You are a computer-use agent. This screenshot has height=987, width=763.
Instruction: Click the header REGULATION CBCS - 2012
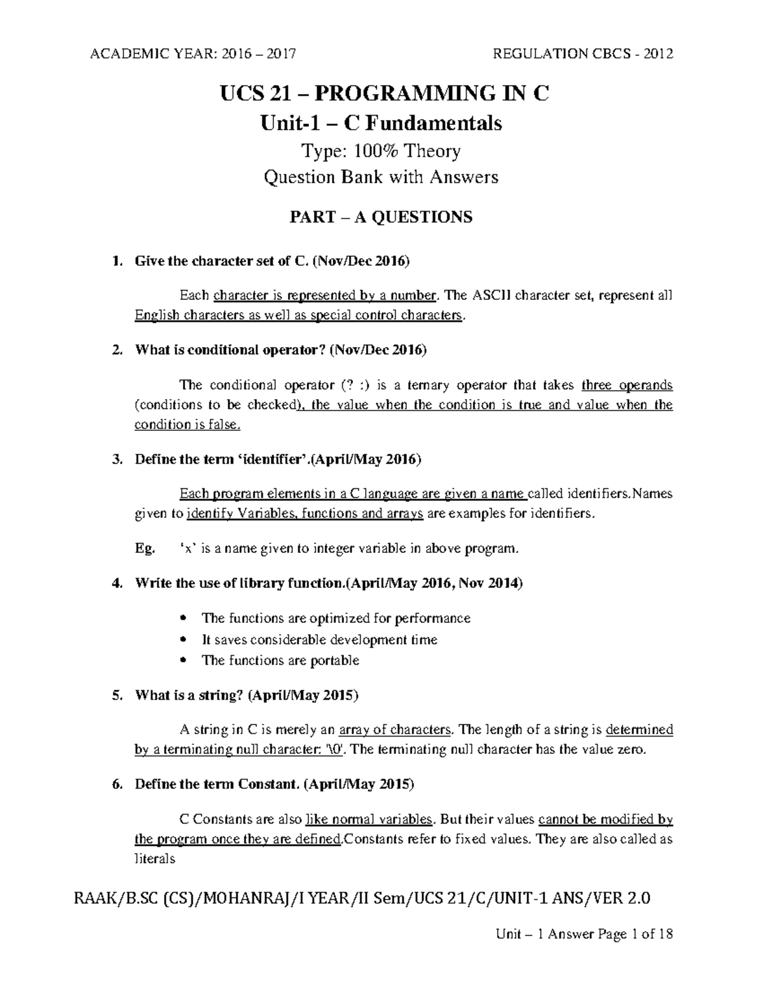point(583,54)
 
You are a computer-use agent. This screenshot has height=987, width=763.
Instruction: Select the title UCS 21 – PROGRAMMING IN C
point(384,93)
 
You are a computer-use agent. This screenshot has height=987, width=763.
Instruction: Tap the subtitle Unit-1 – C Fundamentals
point(381,123)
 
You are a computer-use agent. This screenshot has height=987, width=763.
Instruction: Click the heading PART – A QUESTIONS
point(381,217)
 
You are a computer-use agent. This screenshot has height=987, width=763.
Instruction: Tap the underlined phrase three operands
point(627,385)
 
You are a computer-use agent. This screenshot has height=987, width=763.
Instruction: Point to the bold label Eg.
point(144,549)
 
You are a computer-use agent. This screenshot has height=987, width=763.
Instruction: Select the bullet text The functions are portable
point(280,660)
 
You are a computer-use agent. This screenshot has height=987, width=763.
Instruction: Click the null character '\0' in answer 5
point(335,749)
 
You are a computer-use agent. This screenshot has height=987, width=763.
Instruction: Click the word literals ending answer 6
point(155,859)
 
